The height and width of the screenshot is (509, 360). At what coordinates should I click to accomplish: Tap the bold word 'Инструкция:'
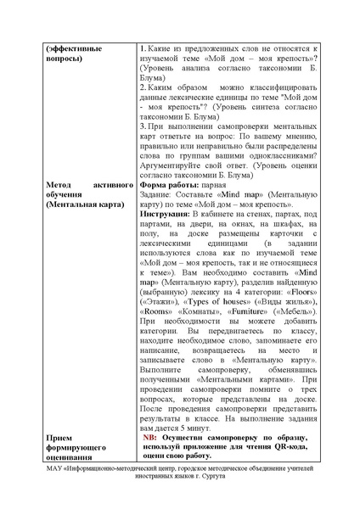click(166, 215)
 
